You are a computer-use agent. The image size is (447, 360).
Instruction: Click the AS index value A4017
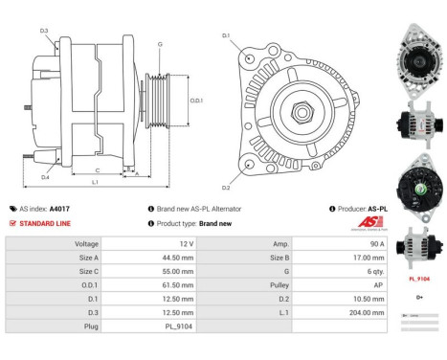pos(59,208)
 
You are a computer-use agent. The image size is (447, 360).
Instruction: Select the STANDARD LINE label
pos(42,223)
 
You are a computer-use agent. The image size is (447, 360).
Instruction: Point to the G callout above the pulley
pos(159,44)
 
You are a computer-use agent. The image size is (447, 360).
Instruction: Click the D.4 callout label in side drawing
pos(45,177)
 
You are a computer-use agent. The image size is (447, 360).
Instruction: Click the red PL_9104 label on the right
pos(418,279)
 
